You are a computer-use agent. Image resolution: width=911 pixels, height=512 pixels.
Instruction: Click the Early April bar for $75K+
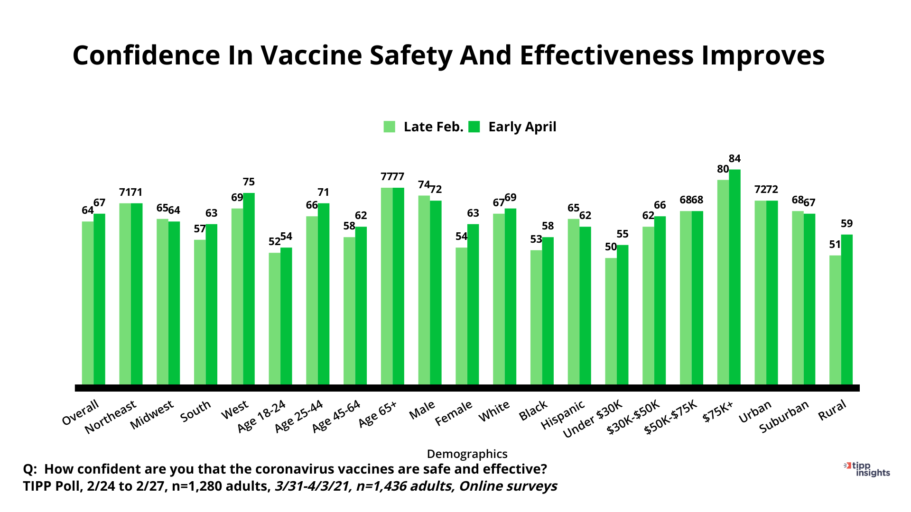(734, 277)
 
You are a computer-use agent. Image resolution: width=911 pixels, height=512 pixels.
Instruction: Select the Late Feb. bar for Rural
(835, 320)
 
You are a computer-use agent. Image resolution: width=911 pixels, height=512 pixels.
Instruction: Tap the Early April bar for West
(249, 289)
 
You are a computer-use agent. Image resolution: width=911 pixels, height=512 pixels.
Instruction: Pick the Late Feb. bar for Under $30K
(611, 321)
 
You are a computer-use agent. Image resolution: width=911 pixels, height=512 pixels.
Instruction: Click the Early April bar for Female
(473, 304)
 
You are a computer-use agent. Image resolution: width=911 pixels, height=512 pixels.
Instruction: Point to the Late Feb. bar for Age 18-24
(274, 319)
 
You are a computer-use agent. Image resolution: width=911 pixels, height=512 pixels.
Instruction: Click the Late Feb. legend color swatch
(390, 127)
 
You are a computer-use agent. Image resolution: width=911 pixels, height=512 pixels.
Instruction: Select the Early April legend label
(522, 127)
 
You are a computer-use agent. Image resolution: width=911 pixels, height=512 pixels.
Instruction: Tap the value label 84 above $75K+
(734, 159)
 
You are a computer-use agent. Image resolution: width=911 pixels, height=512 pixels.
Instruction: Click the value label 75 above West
(249, 182)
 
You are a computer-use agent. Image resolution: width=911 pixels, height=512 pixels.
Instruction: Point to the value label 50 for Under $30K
(611, 247)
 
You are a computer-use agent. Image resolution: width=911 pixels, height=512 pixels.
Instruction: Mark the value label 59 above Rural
(847, 224)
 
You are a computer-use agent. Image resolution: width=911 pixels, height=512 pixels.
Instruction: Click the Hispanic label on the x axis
(563, 415)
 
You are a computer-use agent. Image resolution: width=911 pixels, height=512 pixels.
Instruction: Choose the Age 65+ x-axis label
(378, 414)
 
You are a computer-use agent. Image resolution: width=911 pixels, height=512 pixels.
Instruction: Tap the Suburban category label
(784, 417)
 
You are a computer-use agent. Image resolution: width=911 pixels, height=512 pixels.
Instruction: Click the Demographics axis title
(467, 454)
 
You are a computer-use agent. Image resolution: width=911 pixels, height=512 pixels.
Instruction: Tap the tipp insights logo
(868, 469)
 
